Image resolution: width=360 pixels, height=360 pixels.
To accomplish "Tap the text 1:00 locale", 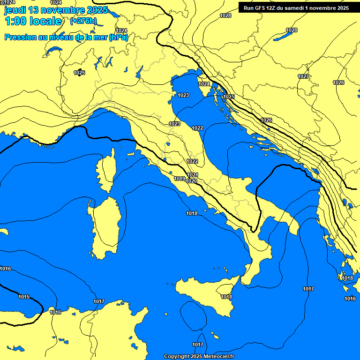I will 33,21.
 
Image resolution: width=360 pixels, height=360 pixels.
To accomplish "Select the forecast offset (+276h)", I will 83,21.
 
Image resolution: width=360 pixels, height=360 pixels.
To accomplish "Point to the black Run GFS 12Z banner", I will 296,8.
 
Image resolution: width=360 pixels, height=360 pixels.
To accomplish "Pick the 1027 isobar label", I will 303,76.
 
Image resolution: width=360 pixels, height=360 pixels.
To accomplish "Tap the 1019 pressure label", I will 179,179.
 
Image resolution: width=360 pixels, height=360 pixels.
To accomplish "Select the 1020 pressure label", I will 191,181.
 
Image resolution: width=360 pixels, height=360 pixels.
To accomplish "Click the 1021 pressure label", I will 193,175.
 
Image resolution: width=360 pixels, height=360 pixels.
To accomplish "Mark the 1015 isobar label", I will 24,297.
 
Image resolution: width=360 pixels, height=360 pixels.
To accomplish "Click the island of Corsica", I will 107,166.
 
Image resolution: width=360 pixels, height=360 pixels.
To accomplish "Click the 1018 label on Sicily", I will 226,297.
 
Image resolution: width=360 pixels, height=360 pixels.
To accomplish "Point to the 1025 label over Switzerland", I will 79,73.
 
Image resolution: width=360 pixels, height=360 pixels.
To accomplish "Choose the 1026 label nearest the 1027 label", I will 338,82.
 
